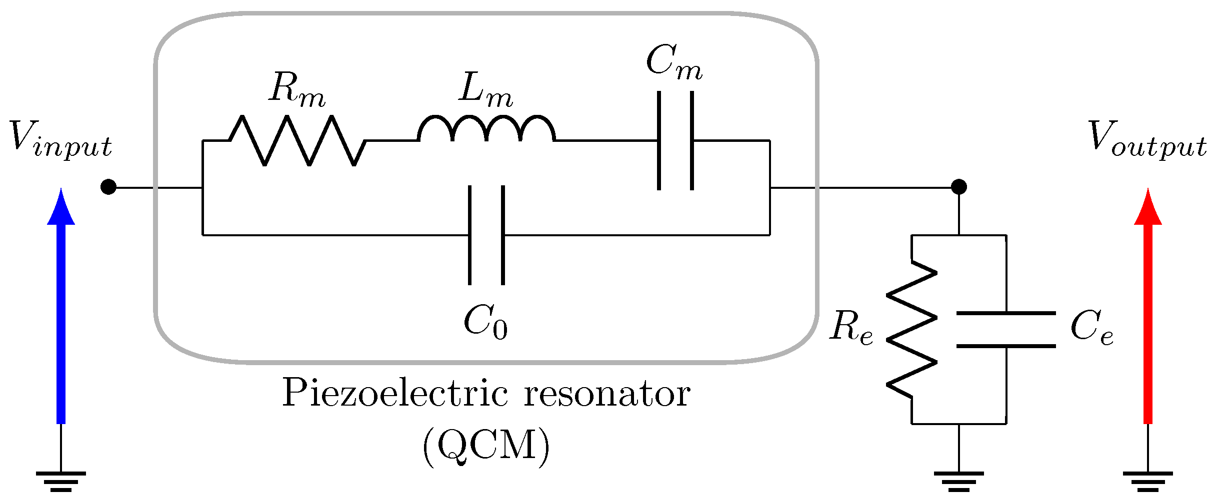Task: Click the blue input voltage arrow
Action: coord(61,310)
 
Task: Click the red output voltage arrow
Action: coord(1148,310)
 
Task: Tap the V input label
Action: coord(60,140)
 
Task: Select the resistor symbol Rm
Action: coord(297,141)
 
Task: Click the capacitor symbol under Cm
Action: coord(675,141)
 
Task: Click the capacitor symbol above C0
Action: coord(486,235)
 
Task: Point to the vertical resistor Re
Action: coord(912,330)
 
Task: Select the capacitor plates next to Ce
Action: coord(1006,330)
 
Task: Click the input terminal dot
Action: coord(108,187)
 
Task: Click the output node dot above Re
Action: coord(958,187)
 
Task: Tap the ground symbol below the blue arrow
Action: coord(61,481)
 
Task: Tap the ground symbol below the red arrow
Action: coord(1148,481)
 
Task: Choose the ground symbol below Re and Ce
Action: coord(958,481)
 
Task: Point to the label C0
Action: coord(485,322)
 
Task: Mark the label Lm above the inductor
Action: coord(485,90)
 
